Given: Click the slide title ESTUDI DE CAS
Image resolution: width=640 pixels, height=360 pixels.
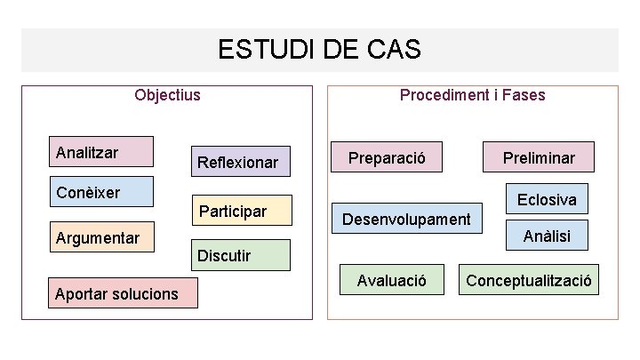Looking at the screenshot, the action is click(x=319, y=50).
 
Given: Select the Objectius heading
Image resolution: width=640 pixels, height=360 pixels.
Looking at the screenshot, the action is click(x=167, y=94).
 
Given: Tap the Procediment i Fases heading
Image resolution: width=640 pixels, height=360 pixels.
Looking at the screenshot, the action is click(x=472, y=94).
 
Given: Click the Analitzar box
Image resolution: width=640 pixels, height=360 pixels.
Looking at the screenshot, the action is click(x=100, y=152).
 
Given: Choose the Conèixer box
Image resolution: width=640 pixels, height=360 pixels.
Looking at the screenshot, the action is click(x=100, y=192).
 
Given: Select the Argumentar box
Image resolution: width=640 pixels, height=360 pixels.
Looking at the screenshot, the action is click(x=100, y=237).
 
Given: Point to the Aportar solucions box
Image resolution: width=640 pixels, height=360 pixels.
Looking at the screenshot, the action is click(x=122, y=292).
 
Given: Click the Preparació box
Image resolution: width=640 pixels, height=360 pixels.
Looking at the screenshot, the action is click(x=387, y=158).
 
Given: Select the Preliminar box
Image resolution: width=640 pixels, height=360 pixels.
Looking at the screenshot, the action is click(x=539, y=158).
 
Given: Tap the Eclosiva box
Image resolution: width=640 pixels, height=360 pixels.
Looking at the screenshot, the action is click(x=547, y=199).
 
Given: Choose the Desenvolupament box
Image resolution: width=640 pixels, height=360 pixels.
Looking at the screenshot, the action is click(x=407, y=219).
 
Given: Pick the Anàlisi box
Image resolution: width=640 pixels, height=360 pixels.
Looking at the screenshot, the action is click(x=547, y=236).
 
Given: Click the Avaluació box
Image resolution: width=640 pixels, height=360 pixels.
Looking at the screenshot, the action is click(x=391, y=281).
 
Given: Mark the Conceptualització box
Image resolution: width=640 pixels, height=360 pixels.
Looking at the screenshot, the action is click(x=529, y=281).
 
